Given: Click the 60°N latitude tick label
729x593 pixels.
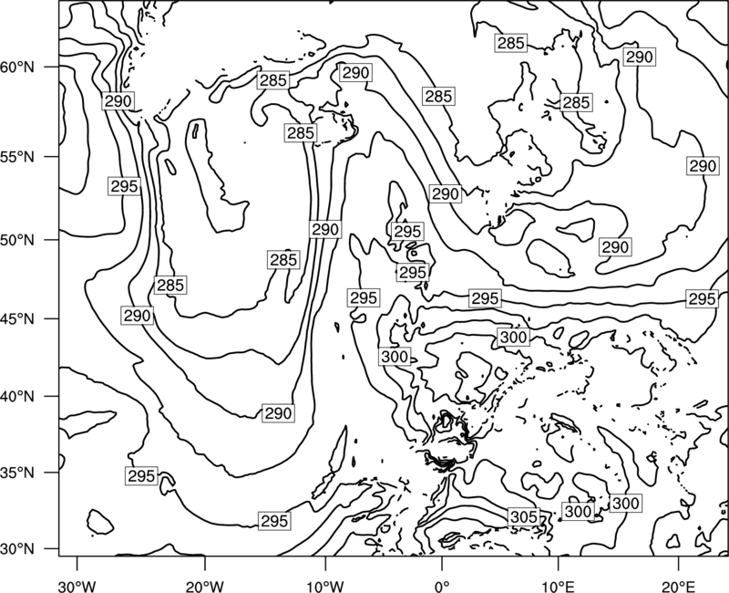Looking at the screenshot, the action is (17, 68).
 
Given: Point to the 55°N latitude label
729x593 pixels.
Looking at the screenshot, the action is (17, 157).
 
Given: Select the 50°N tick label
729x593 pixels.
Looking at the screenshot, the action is (17, 240).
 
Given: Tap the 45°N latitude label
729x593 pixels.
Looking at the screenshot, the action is (17, 318).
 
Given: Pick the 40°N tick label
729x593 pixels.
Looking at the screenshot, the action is (17, 396).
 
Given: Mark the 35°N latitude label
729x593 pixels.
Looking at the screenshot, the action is (17, 473).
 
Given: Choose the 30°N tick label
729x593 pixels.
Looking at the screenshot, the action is (17, 549).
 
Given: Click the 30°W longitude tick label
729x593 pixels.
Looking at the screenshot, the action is (77, 586).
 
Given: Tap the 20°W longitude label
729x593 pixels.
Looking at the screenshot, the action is (205, 586).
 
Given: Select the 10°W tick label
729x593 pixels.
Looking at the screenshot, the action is (324, 586).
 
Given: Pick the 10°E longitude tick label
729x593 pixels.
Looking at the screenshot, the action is (558, 586).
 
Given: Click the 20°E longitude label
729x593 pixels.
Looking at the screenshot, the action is (678, 586).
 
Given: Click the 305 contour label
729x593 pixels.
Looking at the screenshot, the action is (524, 516).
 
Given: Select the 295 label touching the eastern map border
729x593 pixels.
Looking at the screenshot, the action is (702, 299).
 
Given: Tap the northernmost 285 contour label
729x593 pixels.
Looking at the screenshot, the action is (511, 43).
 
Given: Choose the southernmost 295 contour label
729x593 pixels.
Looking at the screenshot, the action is (274, 521).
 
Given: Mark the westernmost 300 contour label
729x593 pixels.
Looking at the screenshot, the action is (395, 357).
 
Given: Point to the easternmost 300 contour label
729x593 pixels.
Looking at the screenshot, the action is (626, 504).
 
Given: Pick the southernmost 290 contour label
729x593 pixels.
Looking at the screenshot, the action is (278, 413).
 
